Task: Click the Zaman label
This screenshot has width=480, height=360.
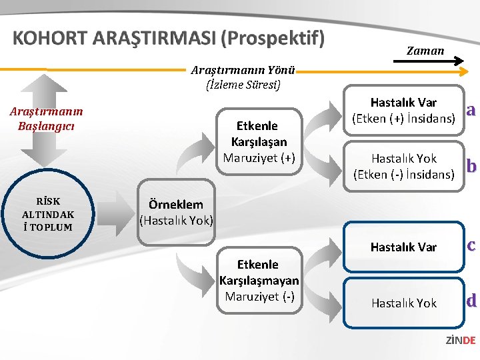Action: coord(425,51)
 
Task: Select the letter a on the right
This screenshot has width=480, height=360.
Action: coord(471,109)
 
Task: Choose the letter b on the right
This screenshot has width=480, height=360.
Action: coord(471,165)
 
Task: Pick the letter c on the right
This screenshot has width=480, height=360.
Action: coord(471,245)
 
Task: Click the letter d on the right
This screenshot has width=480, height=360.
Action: coord(471,301)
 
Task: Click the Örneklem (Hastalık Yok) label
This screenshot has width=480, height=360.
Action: coord(176,212)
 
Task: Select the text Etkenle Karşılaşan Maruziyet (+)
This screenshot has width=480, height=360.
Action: coord(259,141)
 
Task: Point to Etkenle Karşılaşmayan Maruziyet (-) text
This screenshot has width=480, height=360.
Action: coord(259,280)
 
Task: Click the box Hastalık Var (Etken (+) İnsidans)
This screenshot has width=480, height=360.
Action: coord(403,111)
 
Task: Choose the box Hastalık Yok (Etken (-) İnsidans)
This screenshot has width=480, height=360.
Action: coord(403,167)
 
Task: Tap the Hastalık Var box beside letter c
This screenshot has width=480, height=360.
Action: coord(403,247)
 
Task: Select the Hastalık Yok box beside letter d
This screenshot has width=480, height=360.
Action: coord(403,303)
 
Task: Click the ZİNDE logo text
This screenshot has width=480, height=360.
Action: coord(460,340)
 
